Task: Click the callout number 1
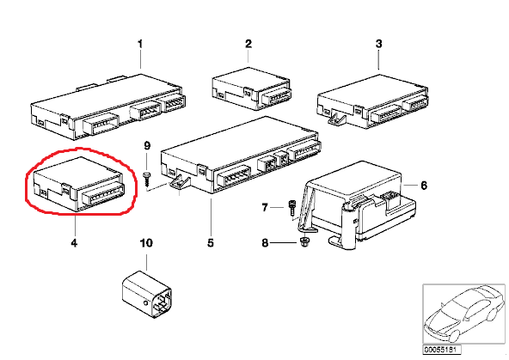click(x=140, y=44)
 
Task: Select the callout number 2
click(x=248, y=44)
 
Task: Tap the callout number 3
click(x=379, y=44)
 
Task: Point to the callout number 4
click(x=74, y=242)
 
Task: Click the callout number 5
click(x=211, y=242)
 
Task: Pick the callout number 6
click(x=424, y=186)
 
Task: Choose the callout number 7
click(x=265, y=207)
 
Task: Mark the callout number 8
click(x=265, y=242)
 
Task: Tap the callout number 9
click(x=147, y=145)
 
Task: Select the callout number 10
click(x=146, y=242)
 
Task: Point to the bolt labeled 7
click(x=291, y=208)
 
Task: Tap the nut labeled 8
click(x=304, y=241)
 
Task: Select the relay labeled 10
click(x=147, y=293)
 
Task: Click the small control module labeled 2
click(x=251, y=88)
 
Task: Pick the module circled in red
click(x=79, y=184)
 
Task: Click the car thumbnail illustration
click(x=464, y=314)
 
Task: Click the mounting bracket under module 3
click(x=337, y=118)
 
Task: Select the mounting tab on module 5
click(x=179, y=183)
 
